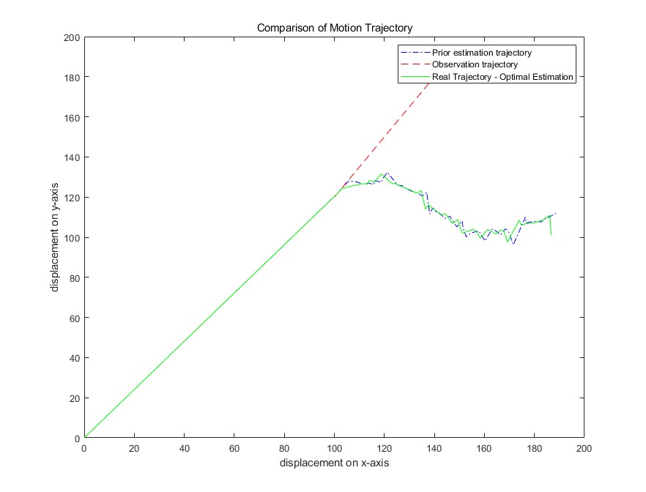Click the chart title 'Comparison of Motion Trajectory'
334,28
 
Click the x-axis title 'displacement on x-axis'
334,463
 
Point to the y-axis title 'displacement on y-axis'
55,237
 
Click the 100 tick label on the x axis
334,447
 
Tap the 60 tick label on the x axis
234,447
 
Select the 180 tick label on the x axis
534,447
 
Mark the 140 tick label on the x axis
434,447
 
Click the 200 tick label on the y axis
72,37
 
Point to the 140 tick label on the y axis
72,157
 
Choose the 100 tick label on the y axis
72,238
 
